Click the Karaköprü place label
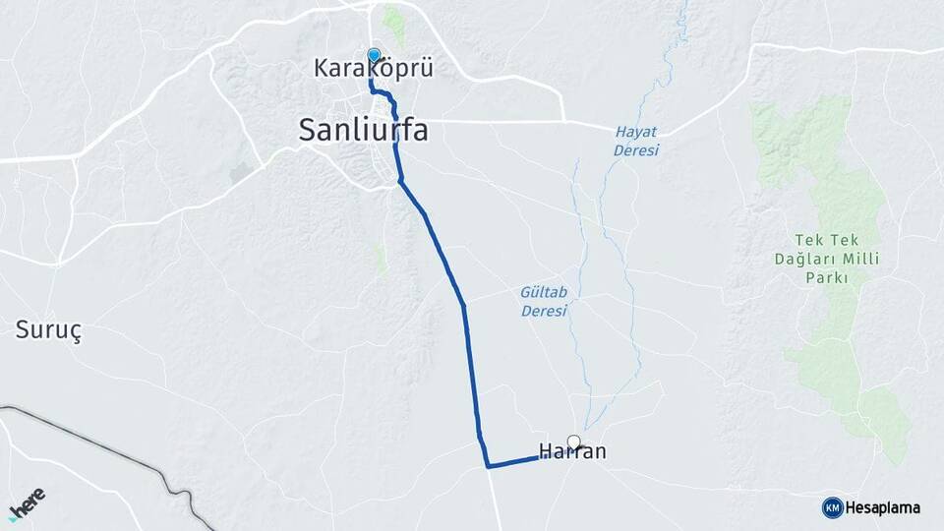[373, 69]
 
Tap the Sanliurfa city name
[363, 130]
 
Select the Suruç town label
[48, 329]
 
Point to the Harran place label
[572, 452]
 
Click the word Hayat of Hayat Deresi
[636, 132]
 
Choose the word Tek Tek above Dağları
[826, 240]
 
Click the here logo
[27, 501]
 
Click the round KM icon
[832, 507]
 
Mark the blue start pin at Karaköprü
[374, 55]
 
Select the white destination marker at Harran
[573, 442]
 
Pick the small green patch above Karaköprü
[393, 22]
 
